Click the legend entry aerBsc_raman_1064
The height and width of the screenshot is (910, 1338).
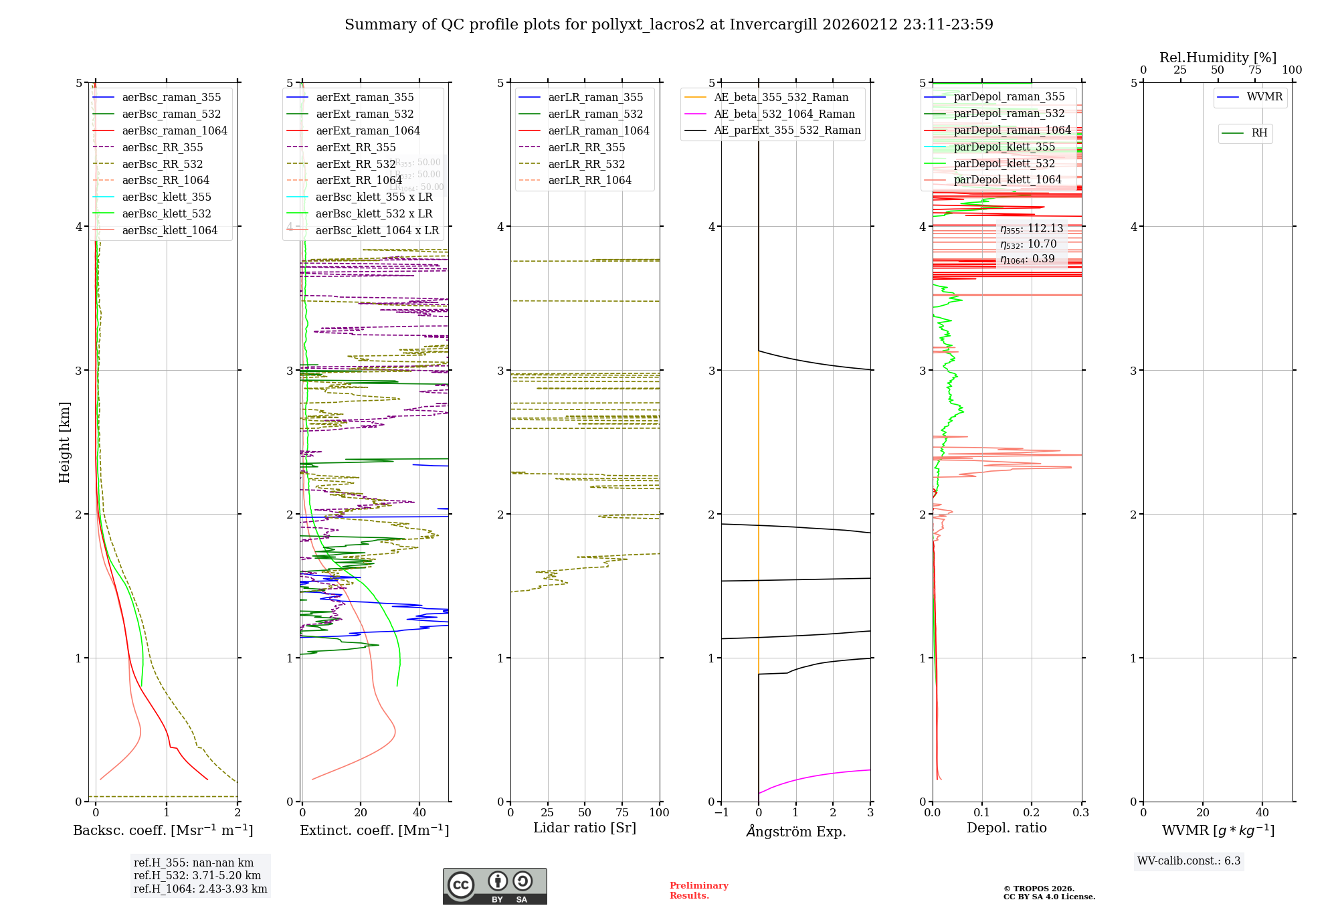[175, 130]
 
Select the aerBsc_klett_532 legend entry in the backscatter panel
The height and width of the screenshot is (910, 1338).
[167, 213]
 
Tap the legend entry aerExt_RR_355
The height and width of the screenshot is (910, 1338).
[356, 147]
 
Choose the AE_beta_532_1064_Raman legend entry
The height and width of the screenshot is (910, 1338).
[784, 114]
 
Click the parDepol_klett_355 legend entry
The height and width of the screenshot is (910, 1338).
[1004, 147]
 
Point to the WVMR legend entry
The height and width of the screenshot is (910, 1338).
[1264, 97]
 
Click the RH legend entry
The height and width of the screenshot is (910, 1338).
[1259, 133]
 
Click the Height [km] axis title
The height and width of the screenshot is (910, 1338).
[64, 442]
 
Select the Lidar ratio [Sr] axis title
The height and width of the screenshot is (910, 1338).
[585, 828]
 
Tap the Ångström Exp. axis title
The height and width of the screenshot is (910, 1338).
[796, 831]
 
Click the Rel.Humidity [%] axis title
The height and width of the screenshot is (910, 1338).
[1218, 58]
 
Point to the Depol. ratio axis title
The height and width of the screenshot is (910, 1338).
[1006, 828]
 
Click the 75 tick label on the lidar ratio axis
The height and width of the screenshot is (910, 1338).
[622, 812]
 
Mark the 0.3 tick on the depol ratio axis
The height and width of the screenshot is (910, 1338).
[1080, 812]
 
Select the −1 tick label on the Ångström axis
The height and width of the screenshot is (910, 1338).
[721, 812]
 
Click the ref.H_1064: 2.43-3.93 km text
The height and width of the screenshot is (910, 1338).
[200, 889]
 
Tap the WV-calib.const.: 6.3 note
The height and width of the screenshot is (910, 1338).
[1189, 860]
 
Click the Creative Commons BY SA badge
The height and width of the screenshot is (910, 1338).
[494, 887]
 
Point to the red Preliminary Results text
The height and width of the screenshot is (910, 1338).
[698, 890]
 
